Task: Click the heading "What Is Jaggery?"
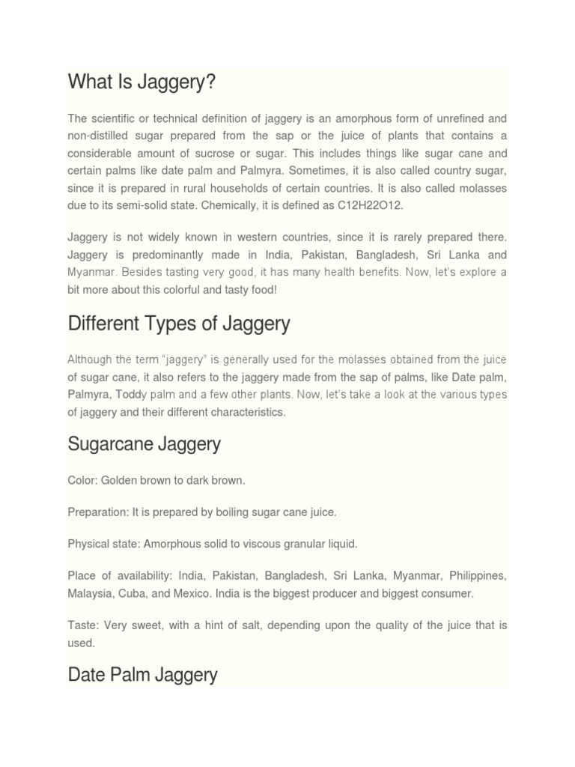coord(142,82)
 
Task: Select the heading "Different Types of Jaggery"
coord(179,324)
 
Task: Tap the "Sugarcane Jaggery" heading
coord(144,444)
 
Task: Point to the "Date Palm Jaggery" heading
coord(142,675)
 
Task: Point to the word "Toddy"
coord(123,395)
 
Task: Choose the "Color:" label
coord(82,479)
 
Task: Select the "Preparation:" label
coord(98,512)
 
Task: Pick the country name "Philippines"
coord(477,577)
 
